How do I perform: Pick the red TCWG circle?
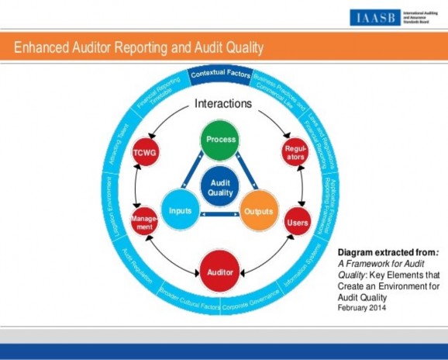pos(143,154)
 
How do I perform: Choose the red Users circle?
pos(298,222)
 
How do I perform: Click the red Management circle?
pos(145,221)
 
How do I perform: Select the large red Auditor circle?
pos(220,272)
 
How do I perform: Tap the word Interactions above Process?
pos(222,103)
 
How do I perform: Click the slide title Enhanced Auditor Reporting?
pos(140,48)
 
